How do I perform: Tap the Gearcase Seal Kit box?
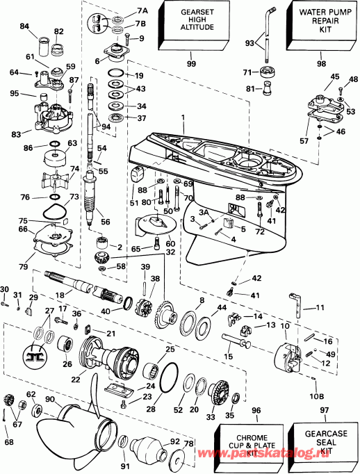pos(318,442)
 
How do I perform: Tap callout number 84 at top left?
pos(25,26)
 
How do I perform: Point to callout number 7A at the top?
pos(143,11)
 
